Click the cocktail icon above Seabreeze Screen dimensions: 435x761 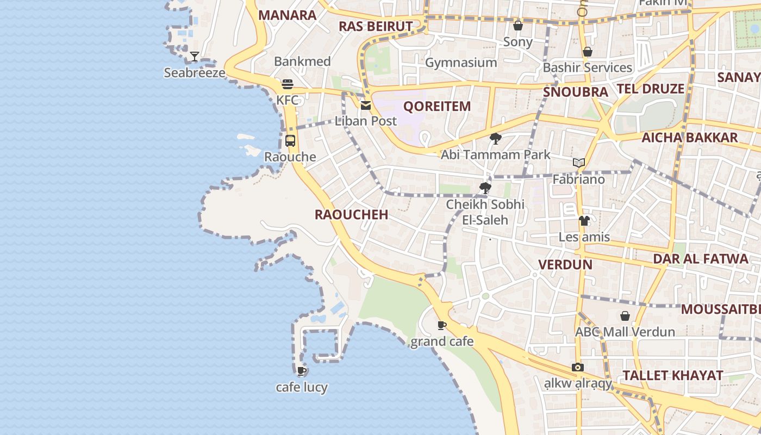194,56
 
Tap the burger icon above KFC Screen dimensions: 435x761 288,84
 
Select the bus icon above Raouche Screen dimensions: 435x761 290,141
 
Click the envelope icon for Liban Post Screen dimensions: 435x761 366,105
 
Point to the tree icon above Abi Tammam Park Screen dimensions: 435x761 495,139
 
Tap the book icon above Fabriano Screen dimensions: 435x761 579,163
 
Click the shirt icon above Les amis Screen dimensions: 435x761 584,221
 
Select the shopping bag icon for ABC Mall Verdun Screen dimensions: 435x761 625,316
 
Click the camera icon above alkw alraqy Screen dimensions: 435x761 578,368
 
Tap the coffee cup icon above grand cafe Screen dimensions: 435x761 442,326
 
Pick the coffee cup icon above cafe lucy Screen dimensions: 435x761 302,371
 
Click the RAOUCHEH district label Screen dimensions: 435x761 351,214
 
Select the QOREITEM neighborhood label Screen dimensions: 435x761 436,106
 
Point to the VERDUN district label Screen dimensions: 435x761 565,264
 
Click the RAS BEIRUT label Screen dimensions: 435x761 376,26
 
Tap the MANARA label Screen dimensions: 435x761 287,15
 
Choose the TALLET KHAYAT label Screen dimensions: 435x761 672,375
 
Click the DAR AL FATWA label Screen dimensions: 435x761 701,258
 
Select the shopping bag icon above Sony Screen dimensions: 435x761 517,26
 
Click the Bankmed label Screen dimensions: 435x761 302,61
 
